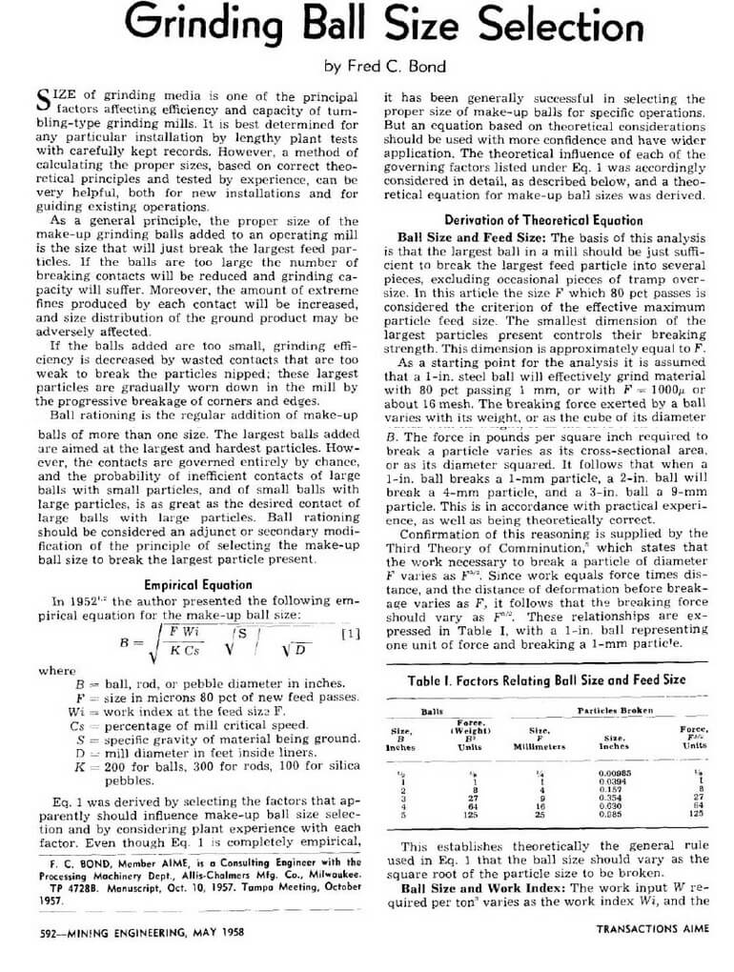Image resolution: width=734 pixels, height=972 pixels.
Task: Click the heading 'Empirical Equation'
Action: coord(197,584)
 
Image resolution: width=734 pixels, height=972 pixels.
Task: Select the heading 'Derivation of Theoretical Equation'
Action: coord(543,219)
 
